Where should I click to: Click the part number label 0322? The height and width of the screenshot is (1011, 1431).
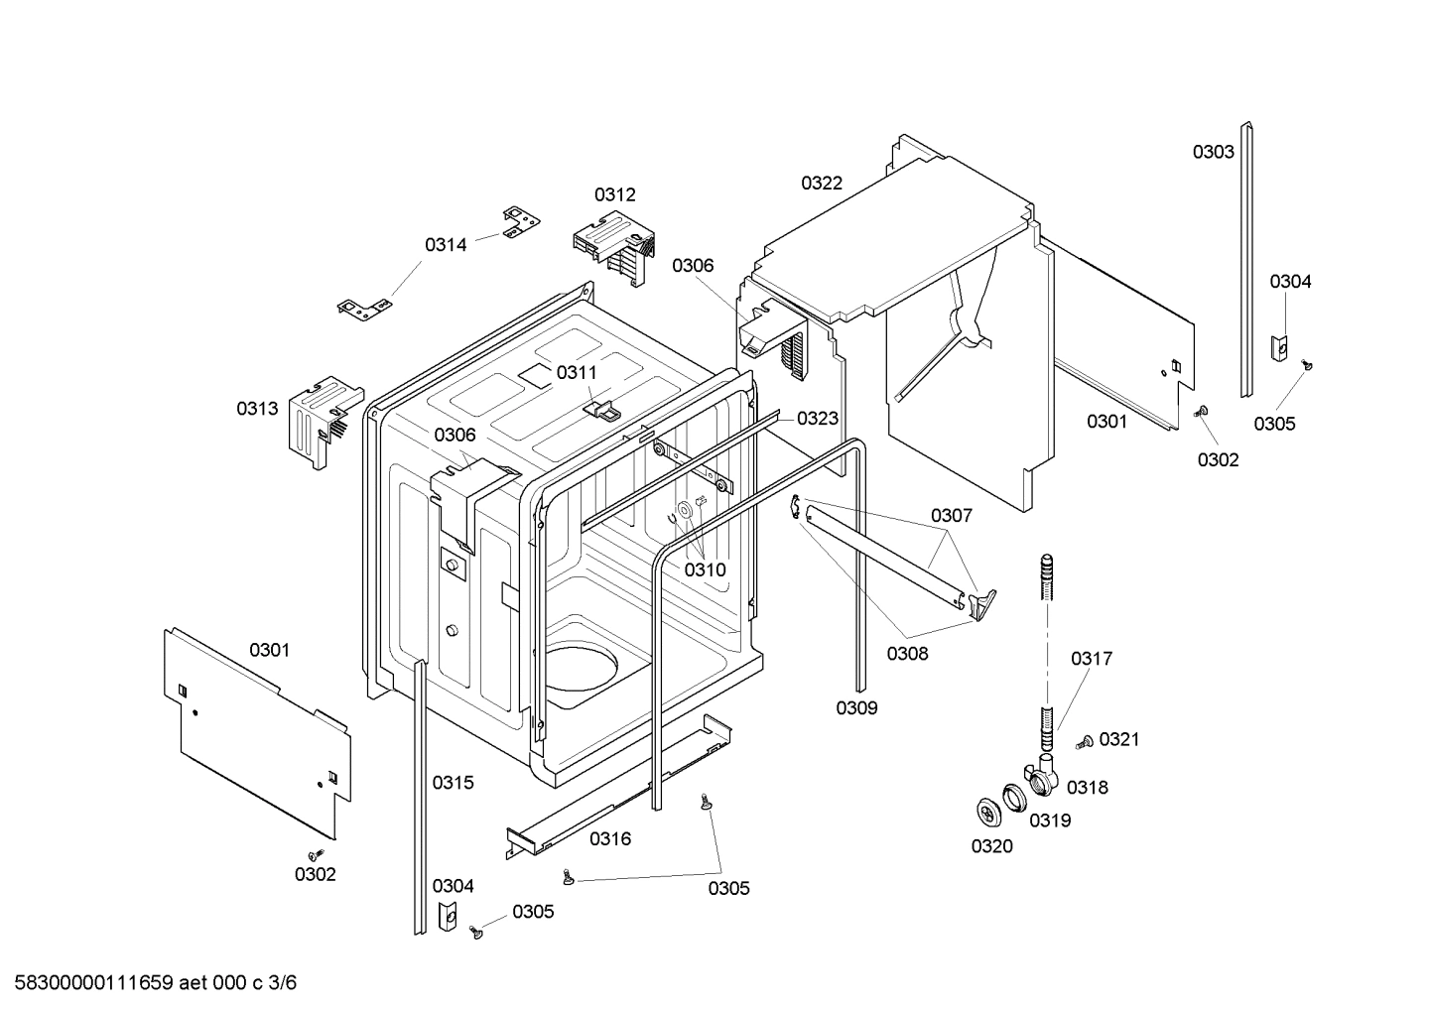[x=822, y=183]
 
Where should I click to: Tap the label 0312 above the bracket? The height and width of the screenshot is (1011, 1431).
[x=614, y=194]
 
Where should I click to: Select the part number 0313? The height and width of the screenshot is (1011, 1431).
[x=257, y=408]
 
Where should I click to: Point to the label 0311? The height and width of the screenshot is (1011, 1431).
[x=577, y=372]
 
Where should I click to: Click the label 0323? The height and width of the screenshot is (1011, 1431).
[x=818, y=418]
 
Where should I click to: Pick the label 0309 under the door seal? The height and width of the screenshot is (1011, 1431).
[x=855, y=707]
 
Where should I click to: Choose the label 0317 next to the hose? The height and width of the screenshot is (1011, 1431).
[x=1091, y=658]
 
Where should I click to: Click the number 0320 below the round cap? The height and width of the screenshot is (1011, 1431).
[x=992, y=845]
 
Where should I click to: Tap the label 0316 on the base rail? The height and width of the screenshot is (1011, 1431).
[x=610, y=838]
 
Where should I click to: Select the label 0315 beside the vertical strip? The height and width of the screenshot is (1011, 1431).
[x=453, y=782]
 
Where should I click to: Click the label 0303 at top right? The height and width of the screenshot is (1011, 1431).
[x=1213, y=152]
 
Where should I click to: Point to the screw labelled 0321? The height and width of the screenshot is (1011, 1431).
[x=1085, y=741]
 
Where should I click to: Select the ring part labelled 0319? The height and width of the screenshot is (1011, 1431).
[x=1012, y=797]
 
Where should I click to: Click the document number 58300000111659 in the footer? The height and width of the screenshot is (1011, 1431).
[x=92, y=983]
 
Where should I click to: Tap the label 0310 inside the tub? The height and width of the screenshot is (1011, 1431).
[x=705, y=569]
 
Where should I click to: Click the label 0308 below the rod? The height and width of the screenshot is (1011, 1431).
[x=907, y=653]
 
